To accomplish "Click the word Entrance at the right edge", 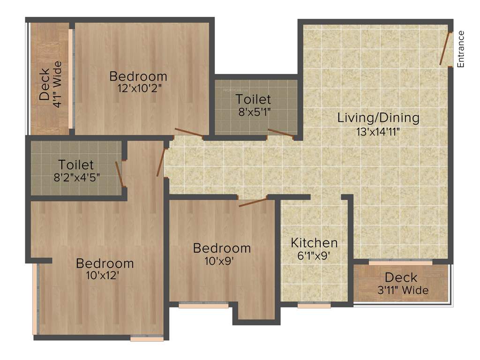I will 461,49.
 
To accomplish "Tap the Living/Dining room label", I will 378,118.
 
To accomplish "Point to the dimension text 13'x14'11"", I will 378,131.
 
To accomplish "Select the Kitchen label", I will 314,243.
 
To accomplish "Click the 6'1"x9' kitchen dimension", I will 314,256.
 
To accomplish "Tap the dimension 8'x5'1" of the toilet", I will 253,112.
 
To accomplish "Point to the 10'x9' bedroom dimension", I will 222,261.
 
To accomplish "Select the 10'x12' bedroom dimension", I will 105,276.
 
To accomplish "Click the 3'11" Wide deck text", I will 403,290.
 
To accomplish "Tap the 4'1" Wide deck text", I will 57,85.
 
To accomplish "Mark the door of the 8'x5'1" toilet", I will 280,134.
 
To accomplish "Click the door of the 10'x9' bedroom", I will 253,202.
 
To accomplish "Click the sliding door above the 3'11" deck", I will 400,263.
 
